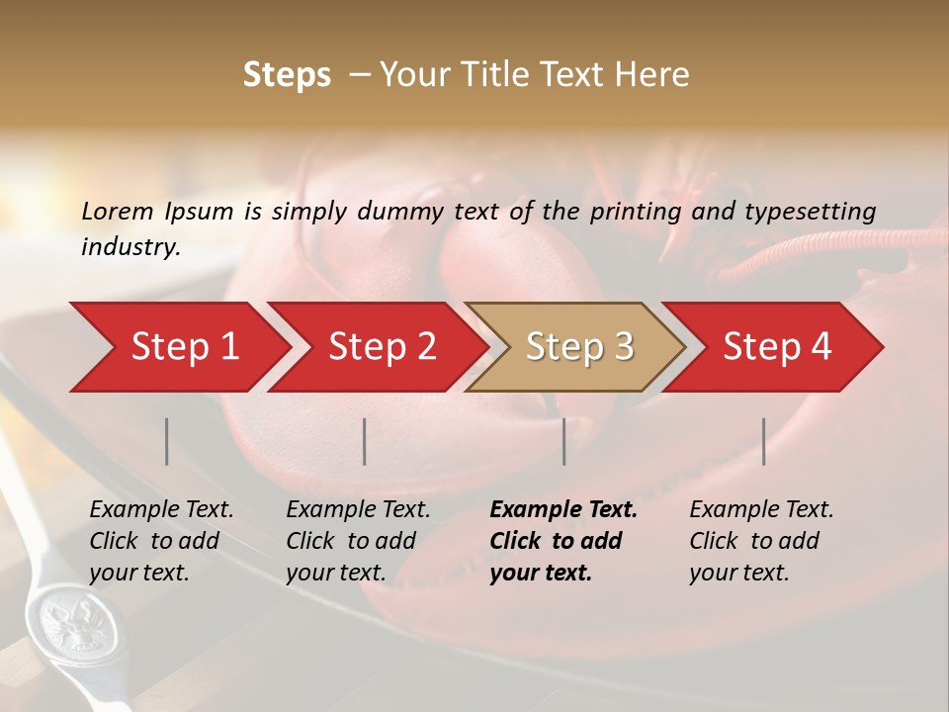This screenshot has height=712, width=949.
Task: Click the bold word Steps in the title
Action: (287, 75)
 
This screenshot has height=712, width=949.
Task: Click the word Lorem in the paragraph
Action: (118, 211)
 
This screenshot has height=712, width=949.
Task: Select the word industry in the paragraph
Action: (129, 247)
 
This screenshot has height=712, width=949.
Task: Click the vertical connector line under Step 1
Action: (167, 441)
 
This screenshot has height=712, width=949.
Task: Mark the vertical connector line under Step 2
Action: (365, 441)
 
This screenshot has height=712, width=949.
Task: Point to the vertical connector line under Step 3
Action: (564, 441)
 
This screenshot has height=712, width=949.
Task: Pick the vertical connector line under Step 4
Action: (764, 441)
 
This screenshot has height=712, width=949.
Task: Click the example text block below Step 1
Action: (161, 541)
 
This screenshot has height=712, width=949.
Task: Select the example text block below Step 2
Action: (358, 541)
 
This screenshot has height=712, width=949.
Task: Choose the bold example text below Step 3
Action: (563, 541)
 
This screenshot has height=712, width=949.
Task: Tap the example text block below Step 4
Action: (761, 541)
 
